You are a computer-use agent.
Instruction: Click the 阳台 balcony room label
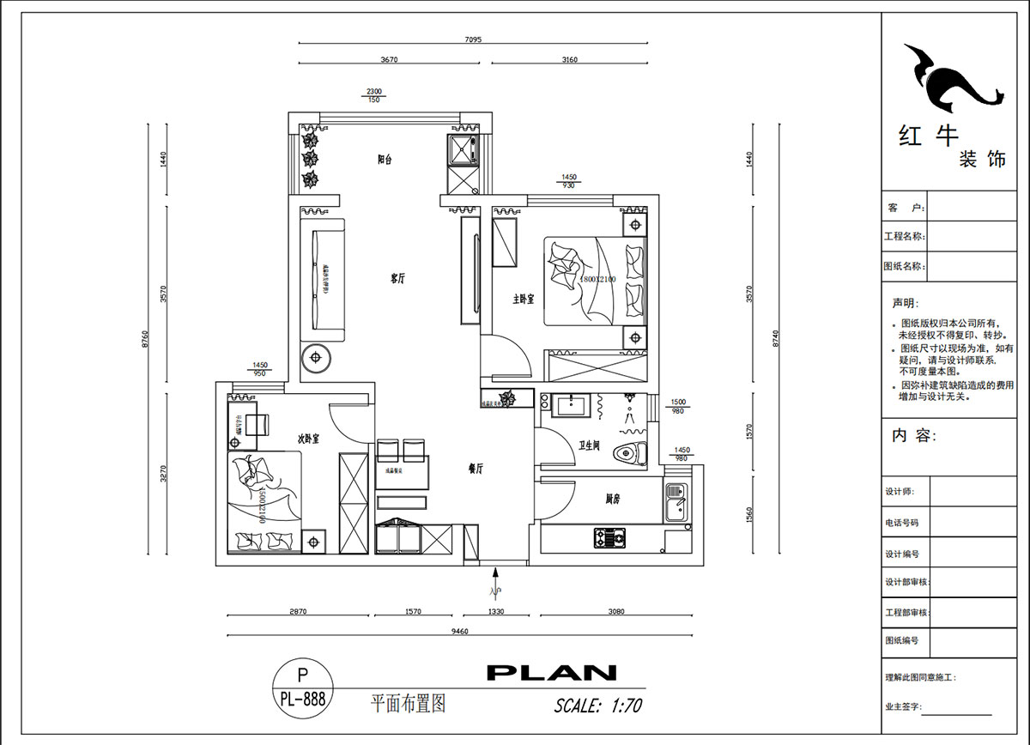[385, 159]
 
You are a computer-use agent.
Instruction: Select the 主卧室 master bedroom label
[524, 300]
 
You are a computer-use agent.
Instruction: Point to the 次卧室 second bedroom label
[308, 439]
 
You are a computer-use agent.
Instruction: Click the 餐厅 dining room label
[476, 469]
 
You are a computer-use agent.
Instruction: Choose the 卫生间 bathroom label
[590, 445]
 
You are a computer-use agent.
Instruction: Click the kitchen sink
[676, 502]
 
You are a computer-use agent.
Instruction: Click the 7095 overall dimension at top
[474, 39]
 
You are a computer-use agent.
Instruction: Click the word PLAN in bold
[551, 673]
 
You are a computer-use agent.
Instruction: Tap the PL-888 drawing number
[302, 699]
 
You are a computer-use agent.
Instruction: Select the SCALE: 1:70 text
[598, 706]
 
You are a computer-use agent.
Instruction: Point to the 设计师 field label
[900, 492]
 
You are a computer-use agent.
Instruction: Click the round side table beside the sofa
[316, 357]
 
